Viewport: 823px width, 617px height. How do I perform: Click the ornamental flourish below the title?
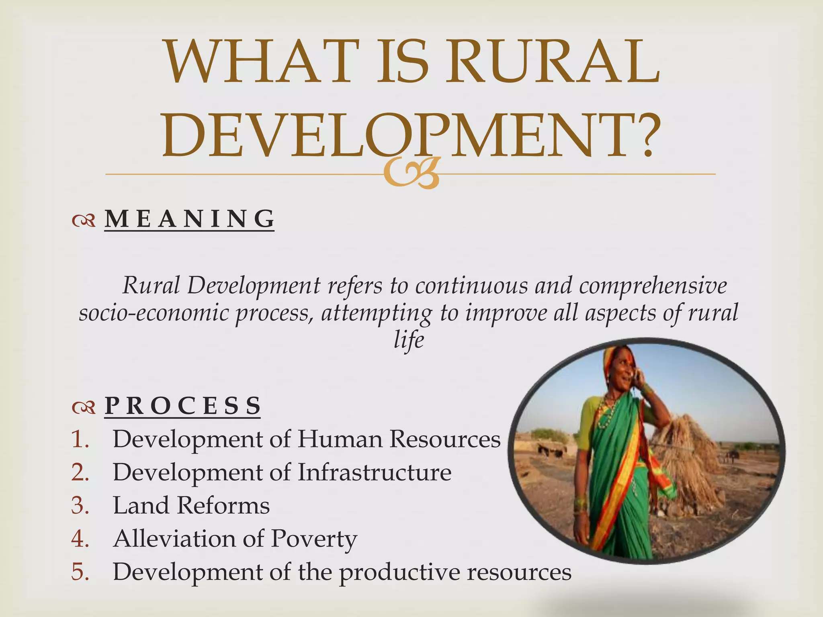410,174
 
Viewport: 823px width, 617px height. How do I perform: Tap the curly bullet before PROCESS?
84,407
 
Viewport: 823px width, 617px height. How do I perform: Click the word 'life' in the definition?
409,340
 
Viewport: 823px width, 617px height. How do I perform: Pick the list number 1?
80,439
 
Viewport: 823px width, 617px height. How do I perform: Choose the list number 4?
80,539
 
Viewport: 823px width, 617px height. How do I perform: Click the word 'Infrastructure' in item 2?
374,472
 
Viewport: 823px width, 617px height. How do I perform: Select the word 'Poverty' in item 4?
314,539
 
